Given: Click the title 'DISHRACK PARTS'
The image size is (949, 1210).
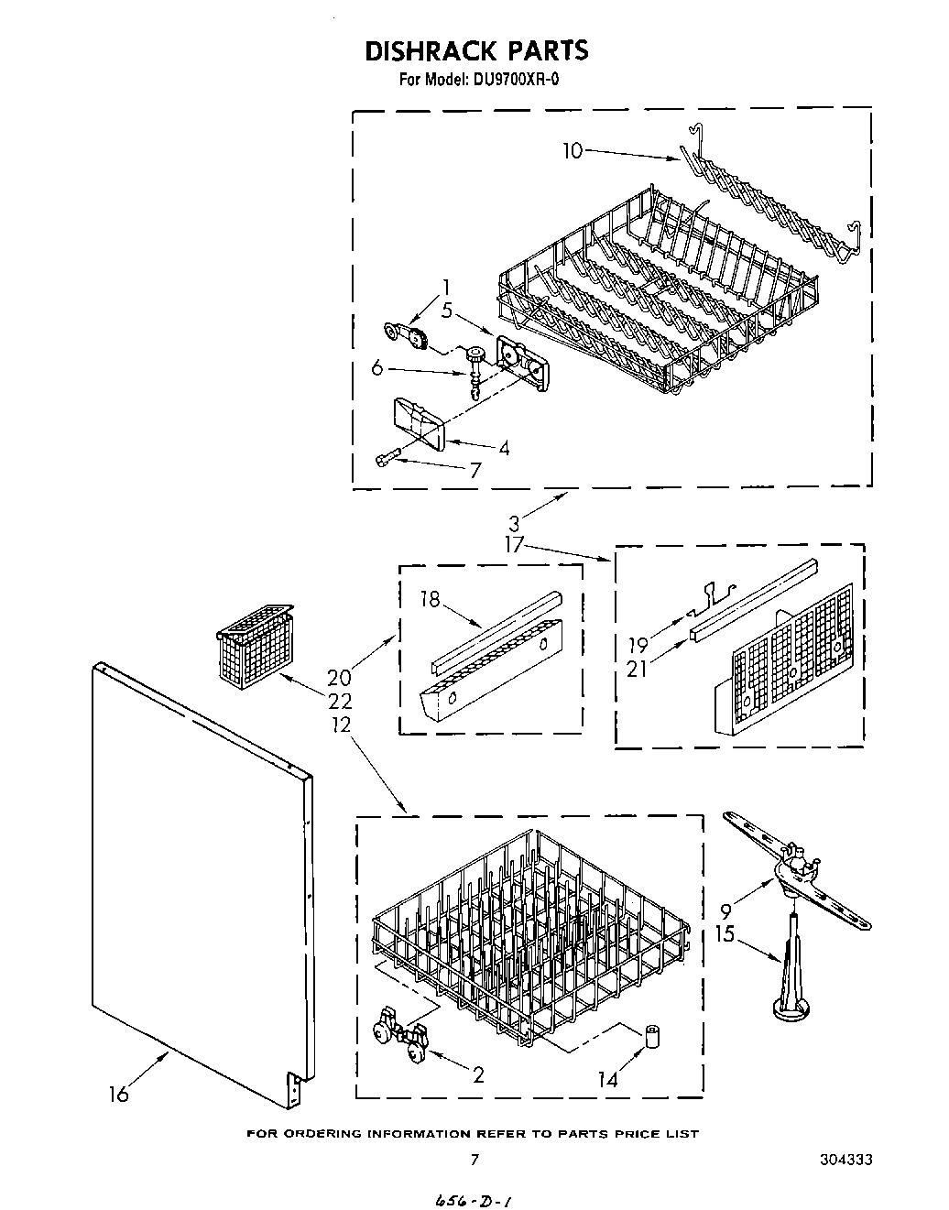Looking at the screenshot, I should pyautogui.click(x=475, y=50).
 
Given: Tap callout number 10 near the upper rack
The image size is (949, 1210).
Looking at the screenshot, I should pyautogui.click(x=572, y=151).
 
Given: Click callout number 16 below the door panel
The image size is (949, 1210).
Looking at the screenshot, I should pyautogui.click(x=118, y=1093).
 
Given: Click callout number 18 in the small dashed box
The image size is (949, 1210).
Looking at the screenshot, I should pyautogui.click(x=430, y=600).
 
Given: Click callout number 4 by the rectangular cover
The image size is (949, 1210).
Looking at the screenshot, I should pyautogui.click(x=503, y=448).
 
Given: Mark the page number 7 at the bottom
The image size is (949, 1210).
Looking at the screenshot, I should pyautogui.click(x=474, y=1160).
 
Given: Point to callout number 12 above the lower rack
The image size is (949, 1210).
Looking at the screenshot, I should pyautogui.click(x=340, y=724).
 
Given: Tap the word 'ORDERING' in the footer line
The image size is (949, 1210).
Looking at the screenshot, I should pyautogui.click(x=325, y=1134).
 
